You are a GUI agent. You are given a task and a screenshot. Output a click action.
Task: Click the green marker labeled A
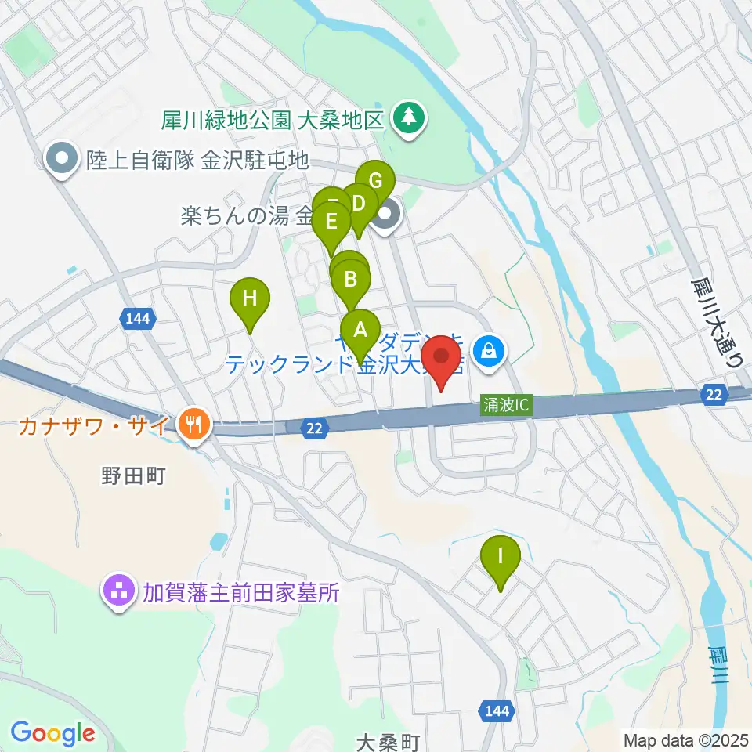(360, 330)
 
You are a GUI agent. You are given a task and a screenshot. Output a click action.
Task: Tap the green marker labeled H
(249, 298)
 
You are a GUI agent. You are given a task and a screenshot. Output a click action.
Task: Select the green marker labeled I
(501, 557)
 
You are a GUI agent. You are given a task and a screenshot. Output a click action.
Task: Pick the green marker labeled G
(375, 181)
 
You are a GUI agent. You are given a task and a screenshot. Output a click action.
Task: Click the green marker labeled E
(331, 222)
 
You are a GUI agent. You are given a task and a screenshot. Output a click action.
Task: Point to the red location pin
(442, 358)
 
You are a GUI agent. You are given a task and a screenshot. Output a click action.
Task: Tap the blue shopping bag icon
(489, 349)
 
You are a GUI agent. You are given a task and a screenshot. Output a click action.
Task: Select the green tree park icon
(407, 118)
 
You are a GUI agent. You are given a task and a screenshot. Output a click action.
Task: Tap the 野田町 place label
(133, 475)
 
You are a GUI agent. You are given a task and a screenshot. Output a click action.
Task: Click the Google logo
(52, 733)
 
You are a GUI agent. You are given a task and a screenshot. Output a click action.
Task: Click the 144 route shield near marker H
(139, 318)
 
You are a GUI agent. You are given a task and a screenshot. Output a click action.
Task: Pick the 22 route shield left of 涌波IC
(314, 425)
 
